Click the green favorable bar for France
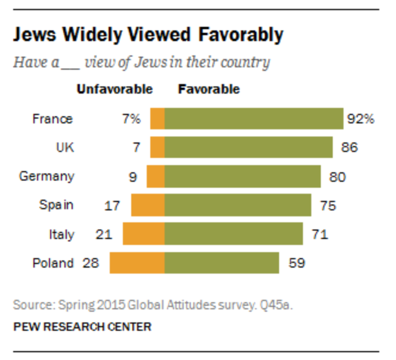(253, 119)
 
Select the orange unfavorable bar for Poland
(137, 263)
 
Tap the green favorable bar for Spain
(237, 205)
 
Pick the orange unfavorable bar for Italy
(144, 234)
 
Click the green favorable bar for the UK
(248, 147)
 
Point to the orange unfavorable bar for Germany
(156, 176)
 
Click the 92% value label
(360, 119)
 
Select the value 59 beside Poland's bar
(296, 263)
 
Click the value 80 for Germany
(336, 176)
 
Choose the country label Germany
(47, 176)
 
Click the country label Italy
(61, 234)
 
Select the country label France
(52, 119)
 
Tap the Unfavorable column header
(115, 89)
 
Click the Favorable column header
(209, 89)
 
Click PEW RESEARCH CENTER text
(82, 327)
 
